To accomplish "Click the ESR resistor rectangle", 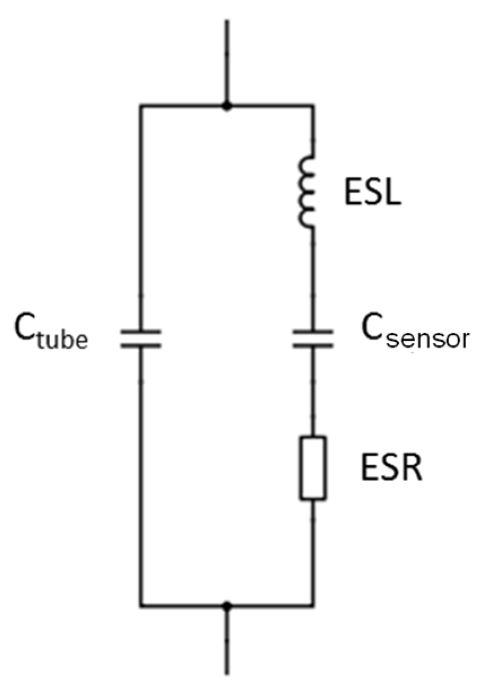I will click(313, 468).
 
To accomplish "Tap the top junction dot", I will click(227, 106).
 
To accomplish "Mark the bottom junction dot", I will click(227, 606).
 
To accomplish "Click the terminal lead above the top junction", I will click(227, 62).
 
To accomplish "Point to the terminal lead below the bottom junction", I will click(227, 643).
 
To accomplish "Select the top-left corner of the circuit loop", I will click(141, 106).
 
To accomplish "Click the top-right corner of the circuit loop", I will click(314, 106).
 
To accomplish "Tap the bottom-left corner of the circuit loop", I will click(141, 606).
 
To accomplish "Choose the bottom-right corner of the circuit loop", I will click(314, 606).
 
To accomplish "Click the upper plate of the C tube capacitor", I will click(141, 332).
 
